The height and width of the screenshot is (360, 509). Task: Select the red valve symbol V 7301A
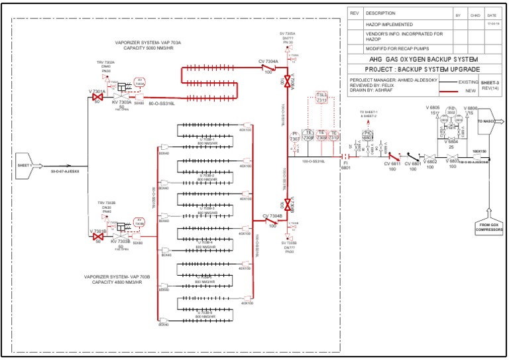coord(97,97)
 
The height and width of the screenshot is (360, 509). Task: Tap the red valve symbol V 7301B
coord(97,235)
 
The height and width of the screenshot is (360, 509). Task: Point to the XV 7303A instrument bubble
coord(140,82)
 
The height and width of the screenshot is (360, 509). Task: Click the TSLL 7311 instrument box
coord(321,99)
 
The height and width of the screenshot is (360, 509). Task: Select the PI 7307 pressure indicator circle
coord(295,136)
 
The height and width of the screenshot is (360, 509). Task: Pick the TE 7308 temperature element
coord(308,135)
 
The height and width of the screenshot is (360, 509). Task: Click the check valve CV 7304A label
coord(269,61)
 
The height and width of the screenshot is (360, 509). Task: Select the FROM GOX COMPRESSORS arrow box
coord(490,226)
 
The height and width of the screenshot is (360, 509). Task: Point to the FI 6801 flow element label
coord(345,165)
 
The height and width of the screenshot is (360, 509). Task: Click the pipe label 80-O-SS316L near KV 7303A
coord(162,104)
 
